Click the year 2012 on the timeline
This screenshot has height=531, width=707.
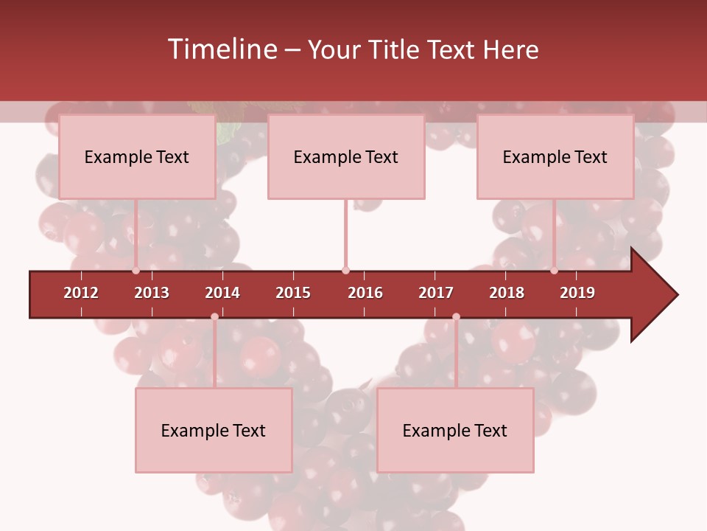tap(81, 293)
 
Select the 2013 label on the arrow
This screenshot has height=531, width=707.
tap(152, 293)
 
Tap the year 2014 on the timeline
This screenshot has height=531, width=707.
tap(222, 293)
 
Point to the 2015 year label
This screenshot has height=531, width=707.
tap(293, 293)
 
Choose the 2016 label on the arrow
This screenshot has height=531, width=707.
tap(365, 293)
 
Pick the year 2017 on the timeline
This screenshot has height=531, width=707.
tap(436, 293)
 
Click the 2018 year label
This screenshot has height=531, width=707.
tap(507, 293)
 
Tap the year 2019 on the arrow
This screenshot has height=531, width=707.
tap(577, 293)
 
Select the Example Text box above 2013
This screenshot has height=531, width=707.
tap(137, 156)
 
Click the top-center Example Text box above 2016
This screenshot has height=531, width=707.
tap(346, 156)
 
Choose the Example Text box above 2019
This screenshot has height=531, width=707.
tap(555, 156)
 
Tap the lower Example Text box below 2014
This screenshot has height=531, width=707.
tap(214, 430)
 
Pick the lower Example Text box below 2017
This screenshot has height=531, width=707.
tap(455, 430)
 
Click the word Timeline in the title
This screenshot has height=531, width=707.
tap(221, 49)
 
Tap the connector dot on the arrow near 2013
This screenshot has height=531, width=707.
tap(136, 271)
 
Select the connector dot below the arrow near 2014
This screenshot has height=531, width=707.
tap(214, 317)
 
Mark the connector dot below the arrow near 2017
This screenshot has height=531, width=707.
tap(456, 317)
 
